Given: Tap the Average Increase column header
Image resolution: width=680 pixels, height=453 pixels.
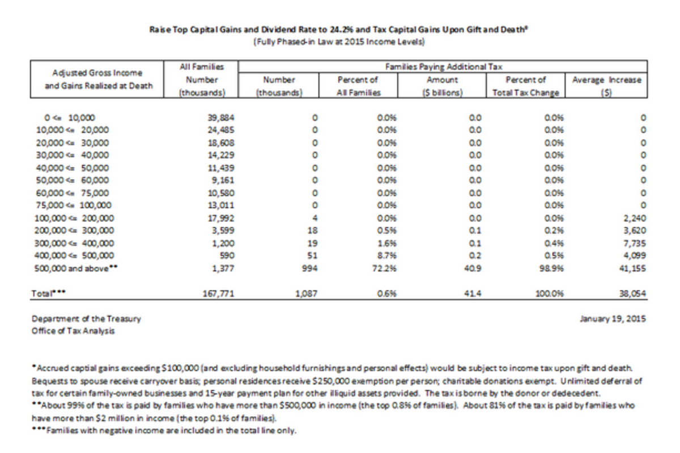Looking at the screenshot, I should coord(607,80).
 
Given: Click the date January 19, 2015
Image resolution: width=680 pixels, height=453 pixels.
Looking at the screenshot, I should coord(613,318).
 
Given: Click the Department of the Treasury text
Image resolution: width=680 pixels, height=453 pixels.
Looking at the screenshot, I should coord(87,318).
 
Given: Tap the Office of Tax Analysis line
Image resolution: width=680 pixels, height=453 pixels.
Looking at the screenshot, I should coord(73,331).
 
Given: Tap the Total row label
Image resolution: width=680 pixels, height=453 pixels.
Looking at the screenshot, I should coord(49,293).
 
